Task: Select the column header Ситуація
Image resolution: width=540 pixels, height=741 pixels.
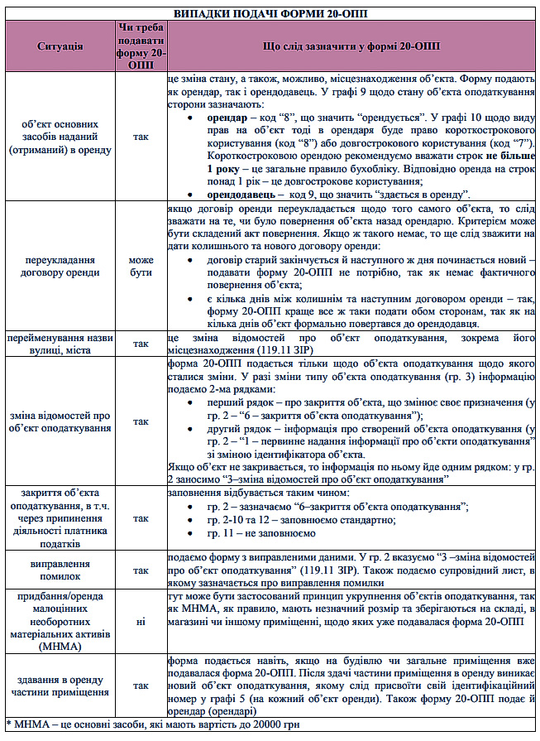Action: (x=60, y=46)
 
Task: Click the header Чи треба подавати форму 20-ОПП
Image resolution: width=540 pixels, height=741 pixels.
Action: (x=142, y=46)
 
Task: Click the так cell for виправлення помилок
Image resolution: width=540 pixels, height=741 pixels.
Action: (x=142, y=570)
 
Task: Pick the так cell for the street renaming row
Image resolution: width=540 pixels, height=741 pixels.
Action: (x=142, y=344)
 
